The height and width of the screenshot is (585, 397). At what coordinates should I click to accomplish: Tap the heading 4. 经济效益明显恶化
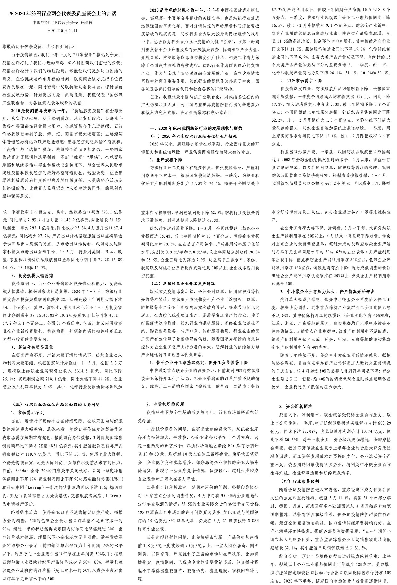[30, 347]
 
